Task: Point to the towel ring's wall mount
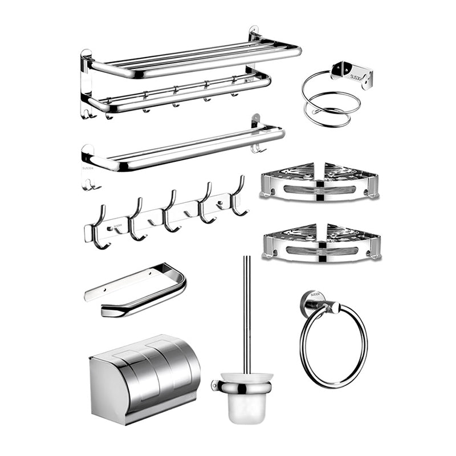pos(312,300)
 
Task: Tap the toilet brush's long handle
pos(247,313)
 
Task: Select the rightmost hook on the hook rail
pos(239,197)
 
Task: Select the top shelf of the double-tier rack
pos(194,57)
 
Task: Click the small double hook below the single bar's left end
pos(89,184)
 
